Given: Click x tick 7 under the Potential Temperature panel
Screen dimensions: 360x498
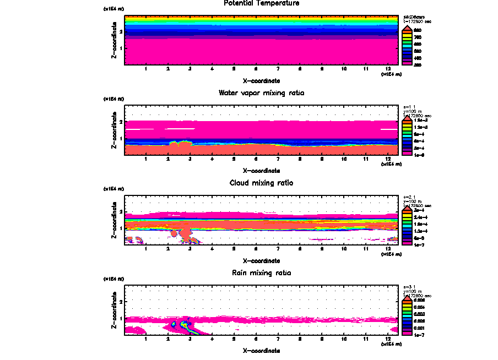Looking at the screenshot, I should [x=278, y=69].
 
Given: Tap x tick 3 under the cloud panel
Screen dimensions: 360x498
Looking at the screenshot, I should [x=190, y=250].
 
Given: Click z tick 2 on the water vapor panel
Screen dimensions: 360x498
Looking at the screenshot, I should [x=120, y=121].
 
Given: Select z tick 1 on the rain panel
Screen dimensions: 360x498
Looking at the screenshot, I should [x=120, y=319].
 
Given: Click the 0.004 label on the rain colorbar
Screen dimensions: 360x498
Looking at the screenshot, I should [x=420, y=307].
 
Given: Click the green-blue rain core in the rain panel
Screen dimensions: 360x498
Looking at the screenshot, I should [x=174, y=325].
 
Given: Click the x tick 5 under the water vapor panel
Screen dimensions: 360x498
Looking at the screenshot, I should [x=234, y=160].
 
